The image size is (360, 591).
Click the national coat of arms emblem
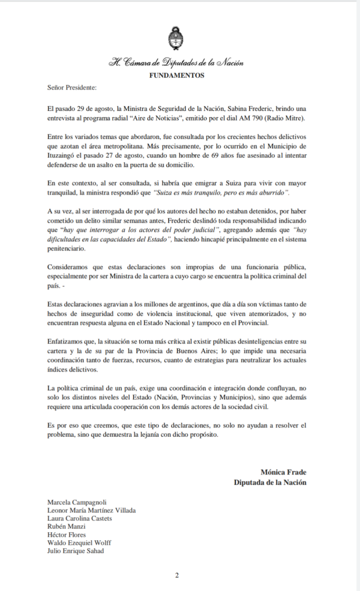point(177,39)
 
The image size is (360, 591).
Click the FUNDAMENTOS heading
point(177,75)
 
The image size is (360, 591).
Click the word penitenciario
point(69,248)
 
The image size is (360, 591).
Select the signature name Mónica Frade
point(283,472)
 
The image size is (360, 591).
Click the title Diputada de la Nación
point(269,482)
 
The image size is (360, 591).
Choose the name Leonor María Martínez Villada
point(92,510)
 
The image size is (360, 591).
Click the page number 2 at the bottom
point(177,575)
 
